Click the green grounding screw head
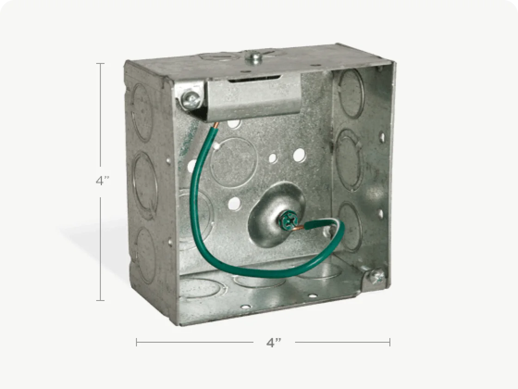pyautogui.click(x=289, y=222)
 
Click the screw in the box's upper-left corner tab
pyautogui.click(x=192, y=99)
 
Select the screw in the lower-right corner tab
pyautogui.click(x=376, y=276)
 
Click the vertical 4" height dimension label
pyautogui.click(x=102, y=181)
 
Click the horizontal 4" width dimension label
pyautogui.click(x=274, y=343)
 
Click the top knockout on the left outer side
pyautogui.click(x=142, y=113)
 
